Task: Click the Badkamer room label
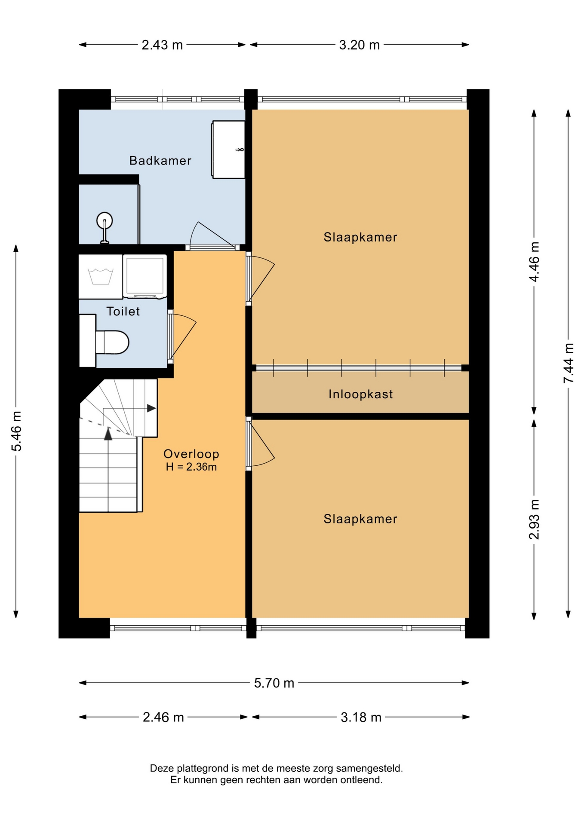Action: point(160,161)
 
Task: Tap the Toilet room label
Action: point(123,311)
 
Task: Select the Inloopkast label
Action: point(360,394)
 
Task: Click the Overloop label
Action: point(191,454)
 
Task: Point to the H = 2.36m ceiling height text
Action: point(191,467)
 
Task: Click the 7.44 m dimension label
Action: point(569,363)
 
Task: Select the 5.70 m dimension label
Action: point(274,683)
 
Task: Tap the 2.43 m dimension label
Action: point(162,45)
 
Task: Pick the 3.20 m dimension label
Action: point(360,45)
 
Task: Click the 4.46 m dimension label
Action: point(534,262)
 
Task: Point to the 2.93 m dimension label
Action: point(534,519)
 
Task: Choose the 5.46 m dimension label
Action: point(16,431)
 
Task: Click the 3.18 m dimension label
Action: point(361,717)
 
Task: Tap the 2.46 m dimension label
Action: point(163,717)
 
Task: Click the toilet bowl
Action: point(112,342)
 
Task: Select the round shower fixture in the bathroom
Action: point(104,221)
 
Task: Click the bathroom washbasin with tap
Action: point(228,150)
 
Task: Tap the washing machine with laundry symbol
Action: point(101,277)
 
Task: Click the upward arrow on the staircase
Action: point(108,434)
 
